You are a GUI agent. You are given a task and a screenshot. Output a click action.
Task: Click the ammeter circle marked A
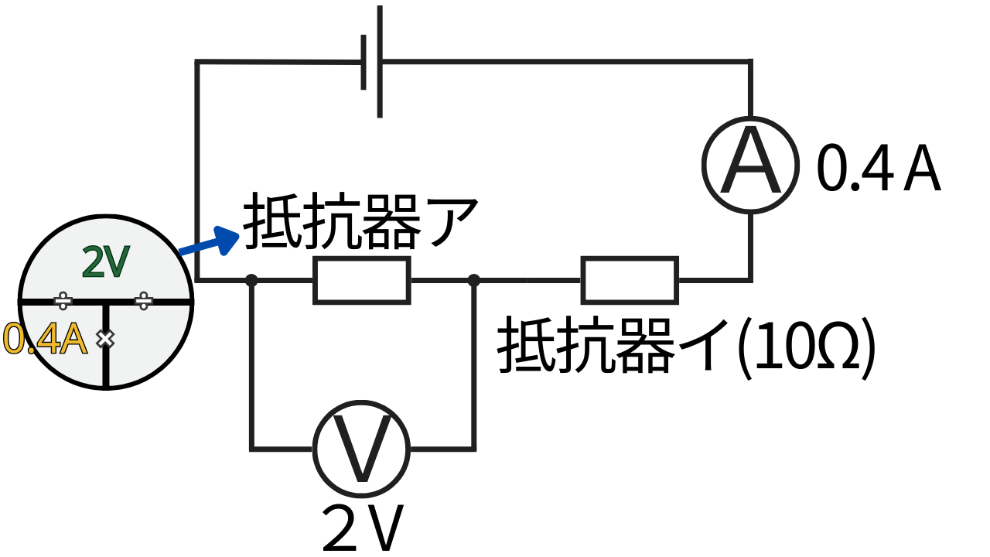(749, 164)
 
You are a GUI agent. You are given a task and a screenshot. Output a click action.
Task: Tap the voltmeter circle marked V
(361, 448)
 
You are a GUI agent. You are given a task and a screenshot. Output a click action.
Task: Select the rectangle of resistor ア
(361, 279)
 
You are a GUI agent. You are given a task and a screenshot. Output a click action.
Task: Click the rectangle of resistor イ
(630, 279)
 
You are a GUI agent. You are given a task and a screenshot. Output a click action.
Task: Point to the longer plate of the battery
(380, 62)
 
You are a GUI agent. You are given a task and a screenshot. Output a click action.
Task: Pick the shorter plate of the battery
(364, 63)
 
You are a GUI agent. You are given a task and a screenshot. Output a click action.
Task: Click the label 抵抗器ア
(361, 223)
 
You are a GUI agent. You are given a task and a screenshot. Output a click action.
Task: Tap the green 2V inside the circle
(106, 263)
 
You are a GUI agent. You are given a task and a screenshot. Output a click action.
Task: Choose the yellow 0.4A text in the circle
(45, 339)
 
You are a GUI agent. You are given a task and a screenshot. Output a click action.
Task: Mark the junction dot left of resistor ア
(251, 280)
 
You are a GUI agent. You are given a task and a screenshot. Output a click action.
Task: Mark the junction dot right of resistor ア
(474, 280)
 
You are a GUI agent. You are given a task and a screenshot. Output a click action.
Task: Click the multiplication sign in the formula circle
(105, 338)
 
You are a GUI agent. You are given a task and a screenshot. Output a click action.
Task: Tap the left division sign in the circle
(64, 300)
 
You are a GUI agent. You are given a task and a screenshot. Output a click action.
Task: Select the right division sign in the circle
(144, 300)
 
